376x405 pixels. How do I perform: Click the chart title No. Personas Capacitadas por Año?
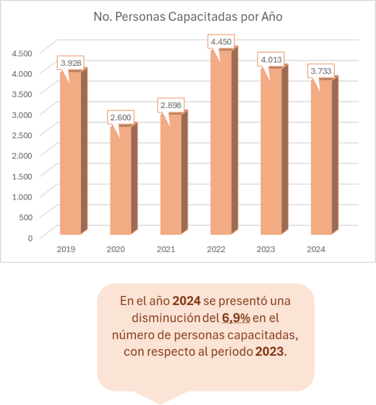[x=187, y=17]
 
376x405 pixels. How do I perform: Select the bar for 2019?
[x=70, y=153]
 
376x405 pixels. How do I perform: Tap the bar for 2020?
[x=120, y=181]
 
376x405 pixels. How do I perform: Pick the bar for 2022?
[x=221, y=142]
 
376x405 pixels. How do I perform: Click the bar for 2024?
[x=321, y=157]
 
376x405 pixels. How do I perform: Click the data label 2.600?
[x=121, y=117]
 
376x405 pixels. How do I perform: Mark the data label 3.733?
[x=322, y=71]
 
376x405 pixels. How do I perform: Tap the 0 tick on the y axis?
[x=30, y=237]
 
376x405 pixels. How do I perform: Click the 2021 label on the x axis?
[x=166, y=249]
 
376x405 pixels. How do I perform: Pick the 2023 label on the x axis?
[x=267, y=249]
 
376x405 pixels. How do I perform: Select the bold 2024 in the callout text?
[x=186, y=301]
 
